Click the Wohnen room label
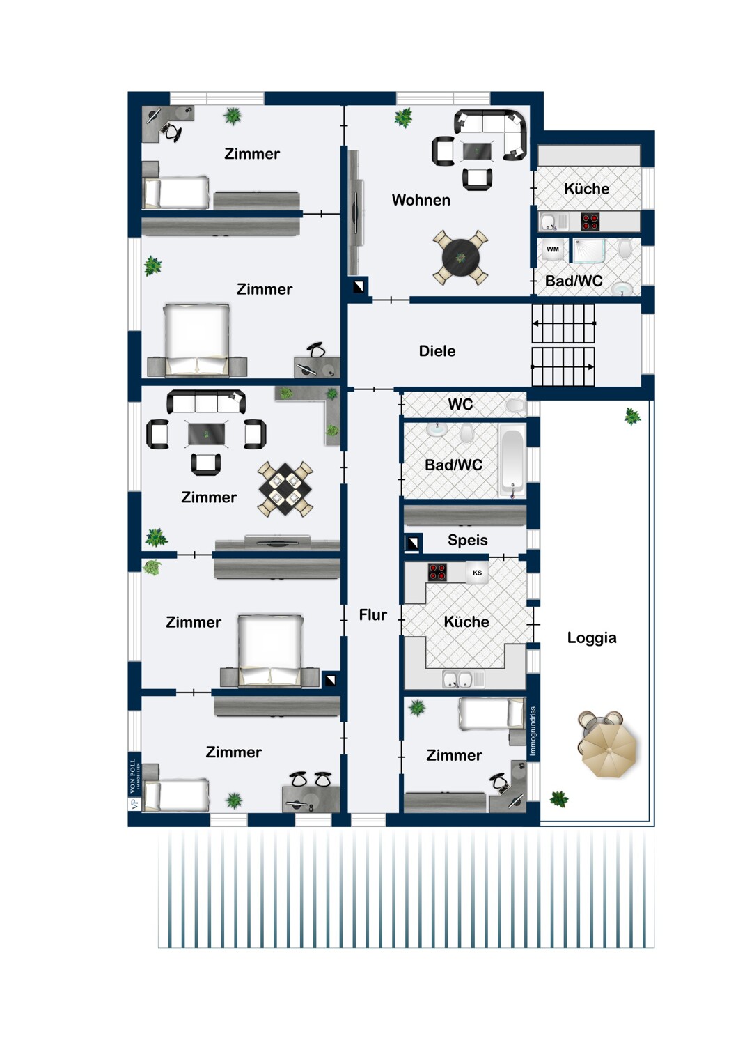tap(421, 200)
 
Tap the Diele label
tap(437, 351)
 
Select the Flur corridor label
tap(372, 615)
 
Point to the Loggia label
tap(592, 637)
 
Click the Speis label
tap(468, 540)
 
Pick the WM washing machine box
tap(552, 249)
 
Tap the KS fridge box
tap(477, 573)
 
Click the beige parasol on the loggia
tap(609, 750)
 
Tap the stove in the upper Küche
tap(590, 222)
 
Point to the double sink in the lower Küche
tap(458, 679)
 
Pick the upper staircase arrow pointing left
tap(564, 323)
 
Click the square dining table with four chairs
tap(285, 488)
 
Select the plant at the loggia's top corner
tap(631, 416)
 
